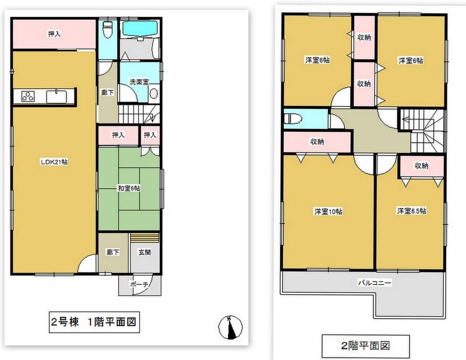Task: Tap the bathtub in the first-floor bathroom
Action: (140, 27)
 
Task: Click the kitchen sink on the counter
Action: (58, 96)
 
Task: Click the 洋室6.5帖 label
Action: (411, 210)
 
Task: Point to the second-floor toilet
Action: (293, 119)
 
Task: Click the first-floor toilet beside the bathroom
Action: (107, 31)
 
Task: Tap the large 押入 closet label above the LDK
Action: (54, 34)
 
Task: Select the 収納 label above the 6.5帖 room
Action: (421, 165)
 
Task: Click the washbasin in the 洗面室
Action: (154, 94)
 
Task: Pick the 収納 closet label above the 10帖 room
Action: (317, 142)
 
